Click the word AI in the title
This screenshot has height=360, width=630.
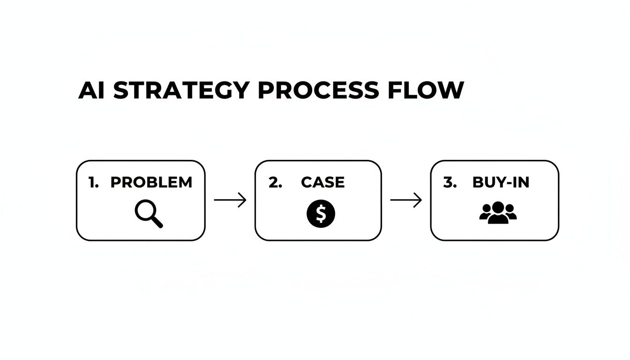[x=93, y=90]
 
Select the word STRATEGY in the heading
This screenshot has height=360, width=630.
[x=181, y=90]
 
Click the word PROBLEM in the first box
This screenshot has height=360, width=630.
[x=151, y=182]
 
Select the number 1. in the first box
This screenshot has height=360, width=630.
[x=94, y=182]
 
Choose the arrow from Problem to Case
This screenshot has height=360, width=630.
[x=230, y=200]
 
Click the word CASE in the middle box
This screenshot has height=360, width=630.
[x=323, y=182]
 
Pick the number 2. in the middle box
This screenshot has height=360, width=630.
[x=275, y=182]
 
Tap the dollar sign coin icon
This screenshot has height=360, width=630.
[x=321, y=214]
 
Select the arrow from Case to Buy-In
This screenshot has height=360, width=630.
[x=406, y=200]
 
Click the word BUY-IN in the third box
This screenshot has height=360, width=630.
[x=501, y=182]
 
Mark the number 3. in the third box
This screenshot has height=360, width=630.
[x=450, y=182]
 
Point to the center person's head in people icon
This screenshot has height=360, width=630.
[x=498, y=207]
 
